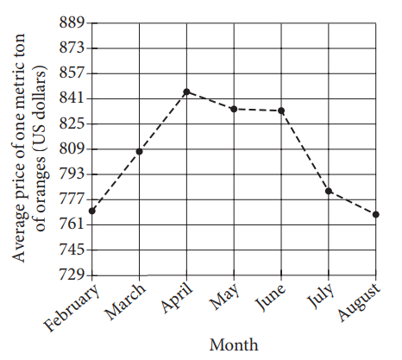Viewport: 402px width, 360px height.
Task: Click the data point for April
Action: pyautogui.click(x=186, y=92)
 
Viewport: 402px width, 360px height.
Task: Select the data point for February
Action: pyautogui.click(x=91, y=211)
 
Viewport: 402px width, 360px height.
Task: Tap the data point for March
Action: pyautogui.click(x=139, y=151)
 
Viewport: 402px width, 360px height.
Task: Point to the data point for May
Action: pyautogui.click(x=234, y=109)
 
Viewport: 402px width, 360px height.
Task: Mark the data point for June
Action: pyautogui.click(x=281, y=111)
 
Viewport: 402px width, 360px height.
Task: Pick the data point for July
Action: pyautogui.click(x=329, y=191)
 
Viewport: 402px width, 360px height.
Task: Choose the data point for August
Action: pyautogui.click(x=376, y=214)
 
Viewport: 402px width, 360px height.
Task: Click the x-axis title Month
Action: pyautogui.click(x=233, y=344)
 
